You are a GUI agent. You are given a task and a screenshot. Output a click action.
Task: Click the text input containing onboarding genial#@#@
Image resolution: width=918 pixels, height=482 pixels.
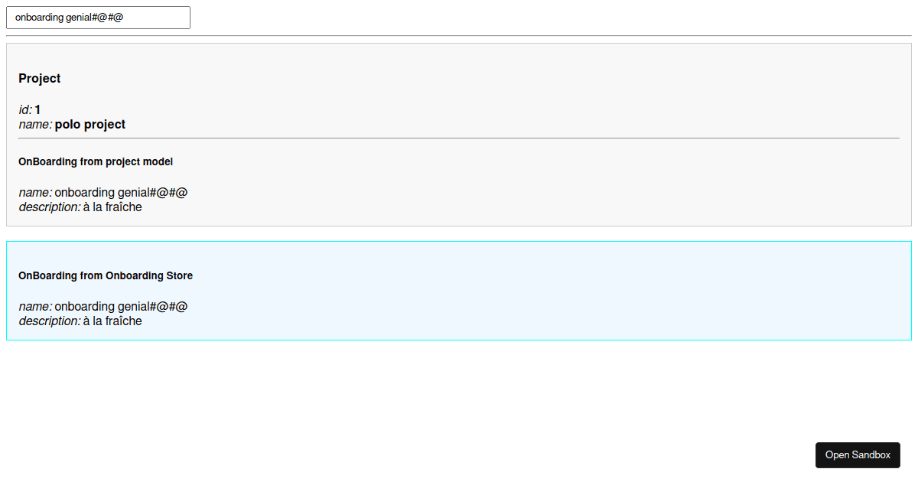pos(99,18)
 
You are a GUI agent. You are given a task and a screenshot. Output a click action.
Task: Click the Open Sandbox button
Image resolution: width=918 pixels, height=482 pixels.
pos(858,455)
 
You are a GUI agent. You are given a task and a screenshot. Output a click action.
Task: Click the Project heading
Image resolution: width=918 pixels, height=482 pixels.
pos(39,78)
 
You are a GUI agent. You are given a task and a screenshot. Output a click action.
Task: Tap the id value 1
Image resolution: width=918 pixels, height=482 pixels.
pos(37,110)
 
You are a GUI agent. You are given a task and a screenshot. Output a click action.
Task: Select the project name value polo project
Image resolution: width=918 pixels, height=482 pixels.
pos(90,124)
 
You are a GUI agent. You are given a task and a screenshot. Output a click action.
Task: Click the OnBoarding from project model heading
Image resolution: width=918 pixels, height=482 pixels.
pos(96,161)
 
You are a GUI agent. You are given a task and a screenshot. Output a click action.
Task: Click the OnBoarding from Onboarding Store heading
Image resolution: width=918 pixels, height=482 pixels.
pos(106,275)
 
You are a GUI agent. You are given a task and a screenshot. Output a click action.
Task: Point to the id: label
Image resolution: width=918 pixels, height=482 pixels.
pos(25,110)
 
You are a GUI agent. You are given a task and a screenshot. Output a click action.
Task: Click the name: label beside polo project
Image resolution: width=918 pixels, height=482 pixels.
pos(35,125)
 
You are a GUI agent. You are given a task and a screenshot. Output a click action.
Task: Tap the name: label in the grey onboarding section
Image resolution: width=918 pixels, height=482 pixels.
pos(35,193)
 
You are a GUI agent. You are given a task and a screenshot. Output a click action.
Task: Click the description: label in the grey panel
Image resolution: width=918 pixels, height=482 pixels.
pos(50,207)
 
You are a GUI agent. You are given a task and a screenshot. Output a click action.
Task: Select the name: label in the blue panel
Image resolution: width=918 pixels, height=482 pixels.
pos(35,307)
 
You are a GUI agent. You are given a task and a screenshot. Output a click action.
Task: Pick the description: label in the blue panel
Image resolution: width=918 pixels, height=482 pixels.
pos(50,321)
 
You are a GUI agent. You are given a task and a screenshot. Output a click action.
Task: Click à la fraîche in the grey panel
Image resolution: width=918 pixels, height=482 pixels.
pos(112,207)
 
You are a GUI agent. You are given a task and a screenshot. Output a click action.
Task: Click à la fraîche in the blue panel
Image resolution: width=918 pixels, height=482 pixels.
pos(112,321)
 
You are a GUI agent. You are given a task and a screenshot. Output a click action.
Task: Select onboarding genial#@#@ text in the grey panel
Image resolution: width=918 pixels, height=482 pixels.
pos(121,193)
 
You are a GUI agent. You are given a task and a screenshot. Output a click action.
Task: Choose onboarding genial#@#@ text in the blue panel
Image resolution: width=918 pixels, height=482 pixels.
pos(121,307)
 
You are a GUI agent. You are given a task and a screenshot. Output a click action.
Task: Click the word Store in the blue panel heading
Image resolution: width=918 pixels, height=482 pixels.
pos(179,275)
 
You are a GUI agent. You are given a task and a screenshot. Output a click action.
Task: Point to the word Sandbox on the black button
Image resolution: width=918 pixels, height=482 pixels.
pos(871,455)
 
